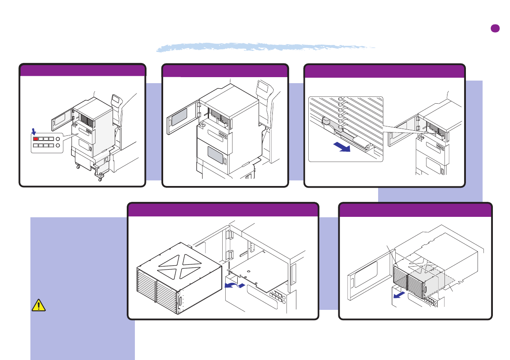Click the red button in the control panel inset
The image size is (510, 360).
click(36, 138)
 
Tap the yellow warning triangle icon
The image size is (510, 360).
click(39, 305)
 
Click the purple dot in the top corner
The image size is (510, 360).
click(495, 28)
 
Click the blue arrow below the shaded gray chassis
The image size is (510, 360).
click(399, 295)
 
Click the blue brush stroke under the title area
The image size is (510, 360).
click(265, 47)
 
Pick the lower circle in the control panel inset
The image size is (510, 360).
click(58, 146)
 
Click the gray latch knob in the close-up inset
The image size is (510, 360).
click(326, 122)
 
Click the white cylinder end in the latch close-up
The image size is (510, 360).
click(367, 146)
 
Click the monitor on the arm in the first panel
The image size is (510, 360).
click(115, 100)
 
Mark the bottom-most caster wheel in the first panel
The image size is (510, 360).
click(100, 179)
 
